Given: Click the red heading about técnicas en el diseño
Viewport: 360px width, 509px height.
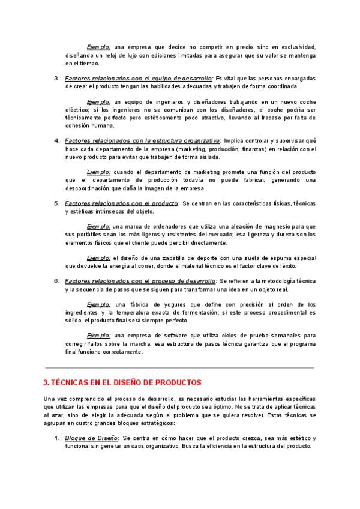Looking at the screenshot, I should coord(123,382).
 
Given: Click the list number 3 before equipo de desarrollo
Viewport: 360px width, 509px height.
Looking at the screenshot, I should coord(56,78).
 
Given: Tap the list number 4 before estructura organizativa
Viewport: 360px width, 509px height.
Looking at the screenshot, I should coord(56,140).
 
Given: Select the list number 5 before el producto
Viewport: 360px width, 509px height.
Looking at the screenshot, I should coord(56,203).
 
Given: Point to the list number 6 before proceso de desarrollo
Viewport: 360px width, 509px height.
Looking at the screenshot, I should coord(56,280).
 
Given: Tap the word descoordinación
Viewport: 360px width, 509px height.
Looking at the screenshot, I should coord(93,188).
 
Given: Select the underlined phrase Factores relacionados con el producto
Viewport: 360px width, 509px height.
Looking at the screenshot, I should coord(121,203).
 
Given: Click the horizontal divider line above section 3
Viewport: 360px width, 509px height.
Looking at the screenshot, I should coord(180,367).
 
